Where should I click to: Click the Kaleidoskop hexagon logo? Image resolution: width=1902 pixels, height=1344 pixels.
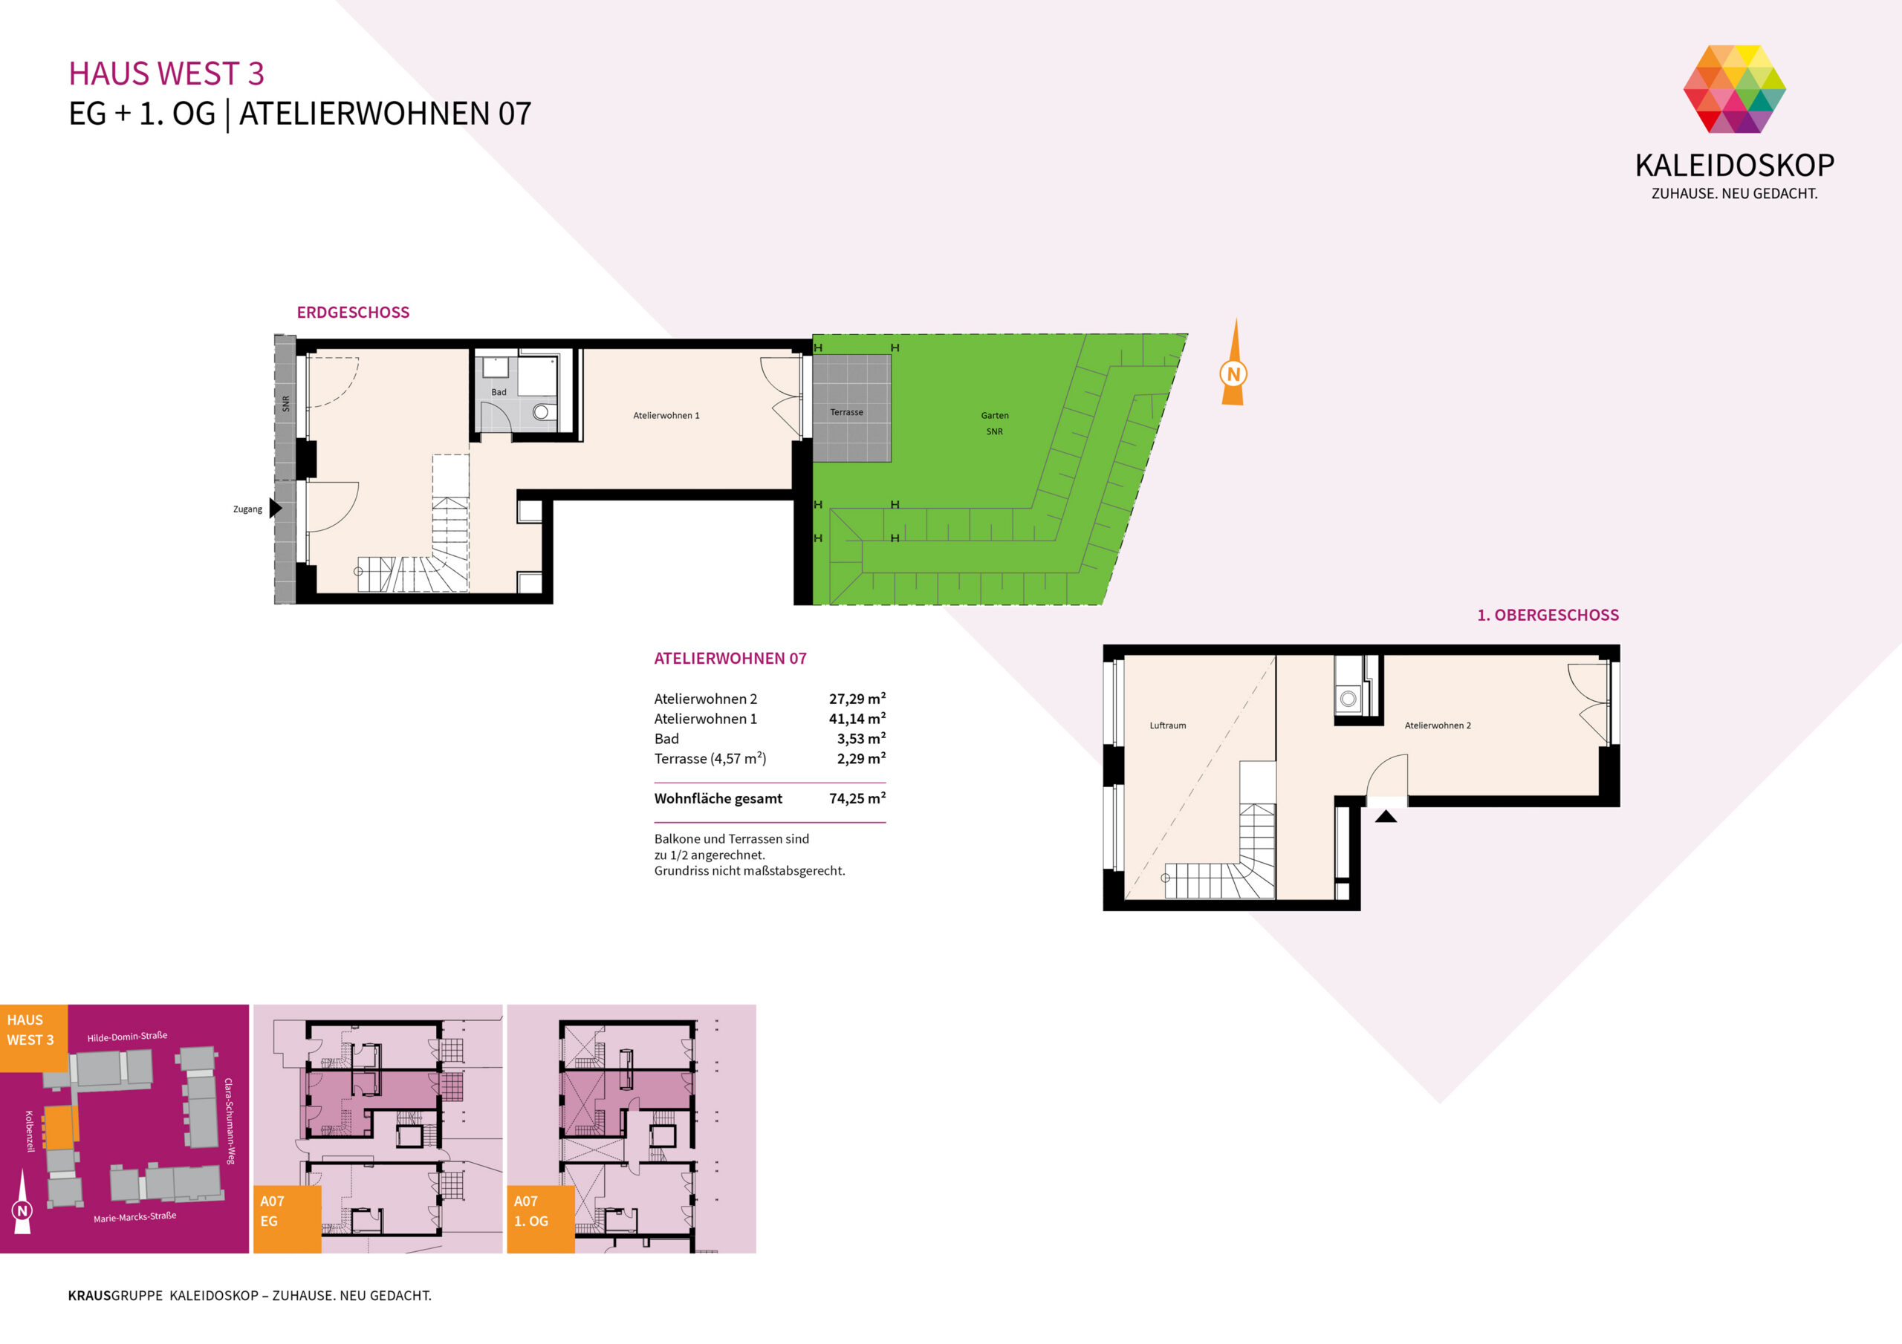click(x=1734, y=88)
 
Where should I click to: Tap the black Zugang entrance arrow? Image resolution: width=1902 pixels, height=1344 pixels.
click(x=275, y=508)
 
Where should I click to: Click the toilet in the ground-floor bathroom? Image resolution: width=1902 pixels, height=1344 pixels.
click(x=542, y=411)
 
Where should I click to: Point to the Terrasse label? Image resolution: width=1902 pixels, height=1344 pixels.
click(x=847, y=412)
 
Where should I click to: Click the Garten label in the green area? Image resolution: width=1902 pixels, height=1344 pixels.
click(x=995, y=416)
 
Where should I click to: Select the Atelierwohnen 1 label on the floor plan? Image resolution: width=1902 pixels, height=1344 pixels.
click(x=666, y=416)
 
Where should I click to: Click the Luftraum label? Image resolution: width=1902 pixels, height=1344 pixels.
click(x=1167, y=725)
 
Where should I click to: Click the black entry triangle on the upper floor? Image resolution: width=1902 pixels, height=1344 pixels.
click(x=1386, y=817)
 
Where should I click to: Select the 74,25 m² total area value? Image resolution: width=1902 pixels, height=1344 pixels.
click(x=857, y=798)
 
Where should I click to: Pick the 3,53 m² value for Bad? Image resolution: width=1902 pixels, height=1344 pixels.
click(x=862, y=739)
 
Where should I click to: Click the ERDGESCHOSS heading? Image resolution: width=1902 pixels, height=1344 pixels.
click(x=353, y=312)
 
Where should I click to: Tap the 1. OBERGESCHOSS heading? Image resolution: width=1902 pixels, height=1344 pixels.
click(x=1548, y=616)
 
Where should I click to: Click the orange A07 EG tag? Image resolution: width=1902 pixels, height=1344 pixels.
click(x=288, y=1219)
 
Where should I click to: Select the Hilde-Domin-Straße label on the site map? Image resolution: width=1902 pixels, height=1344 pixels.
click(x=128, y=1037)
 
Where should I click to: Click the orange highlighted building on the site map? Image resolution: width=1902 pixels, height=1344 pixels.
click(x=59, y=1127)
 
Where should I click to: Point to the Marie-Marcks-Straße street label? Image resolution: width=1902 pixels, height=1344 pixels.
click(x=135, y=1217)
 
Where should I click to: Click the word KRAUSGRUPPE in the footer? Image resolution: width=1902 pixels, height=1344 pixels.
click(x=115, y=1296)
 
